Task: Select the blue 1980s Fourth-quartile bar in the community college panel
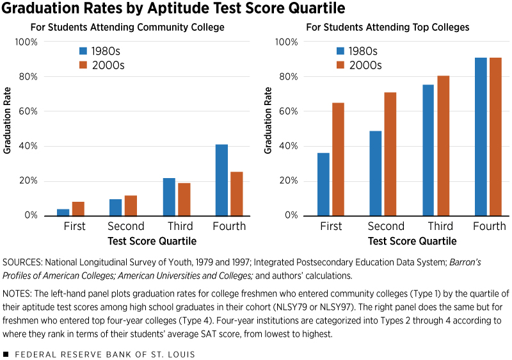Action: (x=221, y=180)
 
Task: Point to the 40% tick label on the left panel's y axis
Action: (x=27, y=146)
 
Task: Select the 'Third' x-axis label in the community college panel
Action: (x=180, y=226)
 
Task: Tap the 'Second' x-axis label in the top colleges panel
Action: (x=386, y=226)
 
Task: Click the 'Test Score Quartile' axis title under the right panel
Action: (x=412, y=241)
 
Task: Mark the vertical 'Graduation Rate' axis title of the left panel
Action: (x=8, y=128)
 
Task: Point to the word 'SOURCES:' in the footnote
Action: (x=21, y=263)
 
